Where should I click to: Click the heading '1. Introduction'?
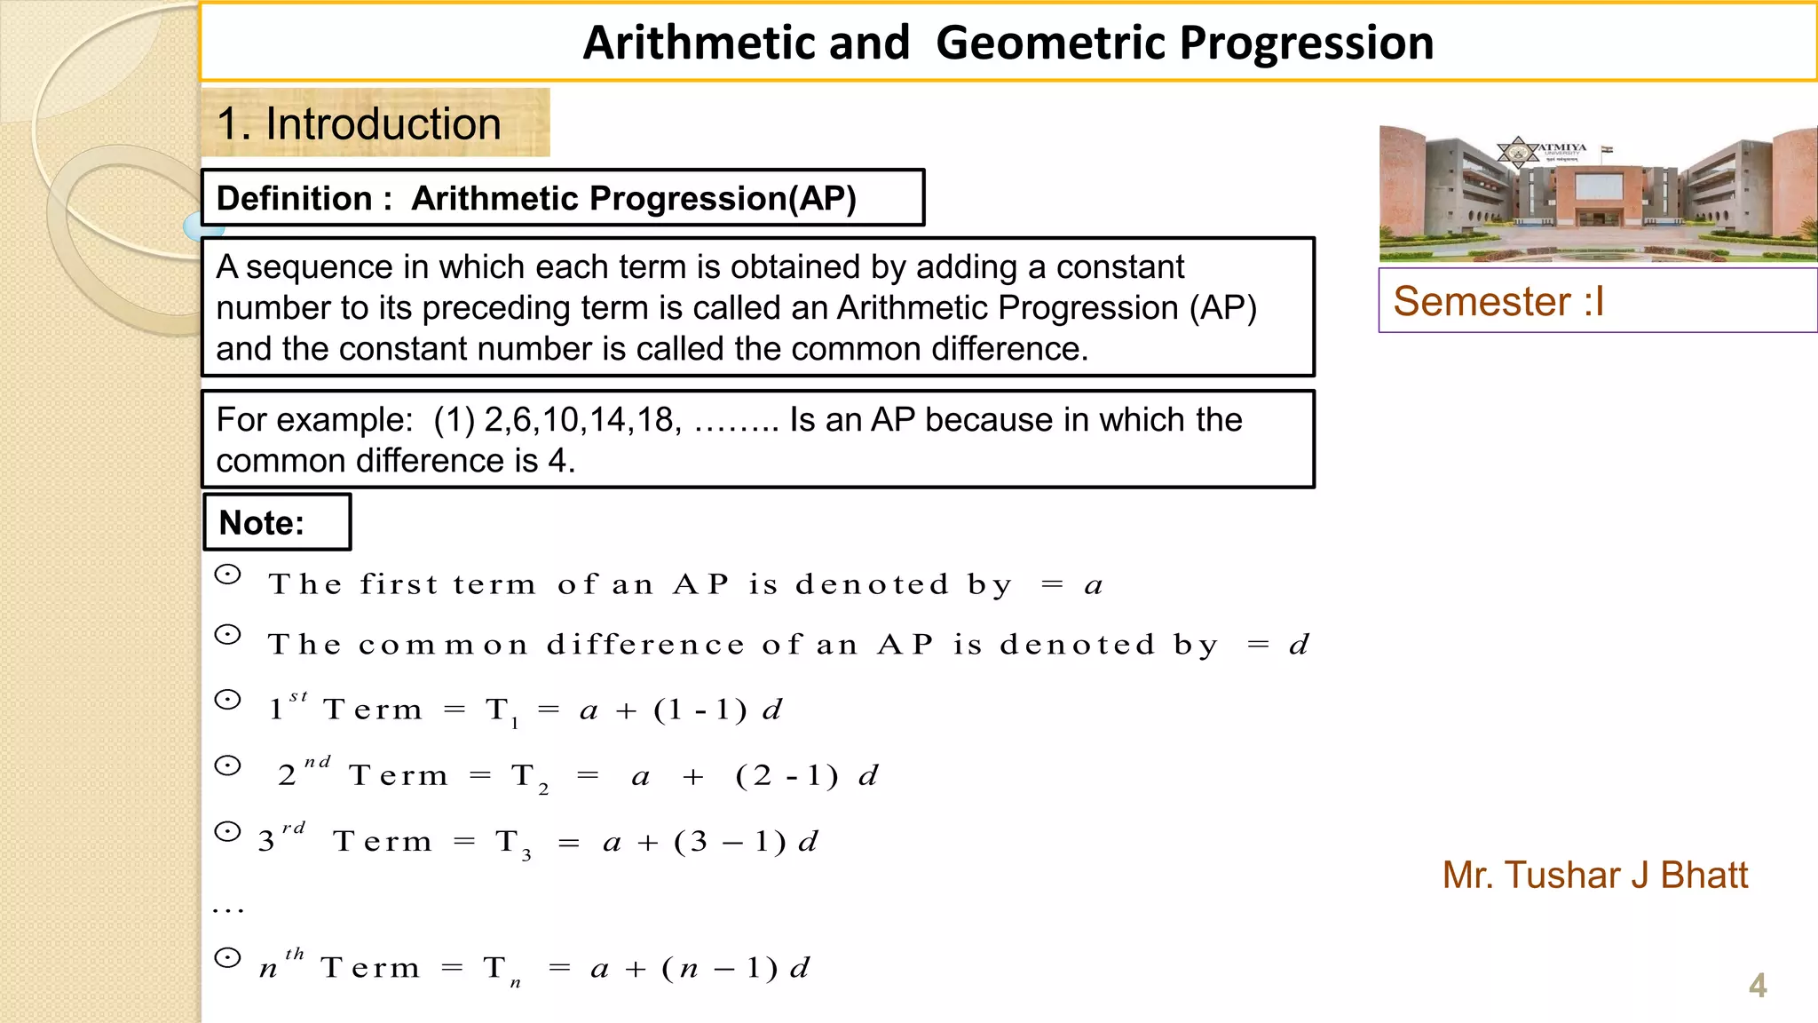(359, 123)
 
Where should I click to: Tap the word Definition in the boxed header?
(294, 198)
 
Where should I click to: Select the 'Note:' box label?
(262, 523)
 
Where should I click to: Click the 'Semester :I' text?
(1498, 302)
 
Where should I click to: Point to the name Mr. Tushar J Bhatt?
(1594, 876)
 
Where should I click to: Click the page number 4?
(1757, 986)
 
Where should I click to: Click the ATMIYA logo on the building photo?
(1520, 152)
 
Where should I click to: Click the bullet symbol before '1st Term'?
(228, 701)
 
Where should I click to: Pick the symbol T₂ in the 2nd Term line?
(528, 777)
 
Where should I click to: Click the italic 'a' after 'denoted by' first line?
(1094, 586)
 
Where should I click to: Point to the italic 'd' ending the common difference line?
(1299, 645)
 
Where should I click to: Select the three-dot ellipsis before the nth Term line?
(228, 909)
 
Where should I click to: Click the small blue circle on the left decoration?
(194, 226)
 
